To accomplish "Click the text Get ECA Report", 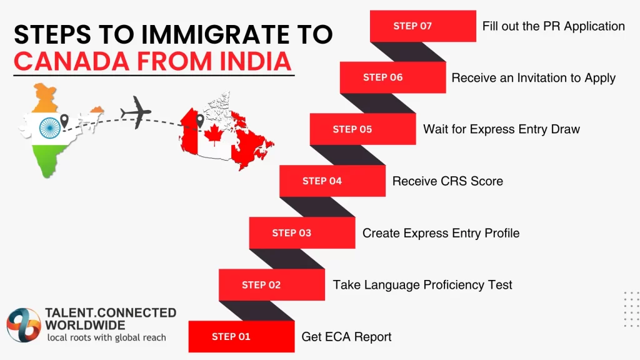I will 346,337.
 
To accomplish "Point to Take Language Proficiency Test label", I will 422,285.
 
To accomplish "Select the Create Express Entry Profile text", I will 441,233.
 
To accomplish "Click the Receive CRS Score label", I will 447,181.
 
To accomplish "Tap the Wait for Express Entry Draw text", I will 501,129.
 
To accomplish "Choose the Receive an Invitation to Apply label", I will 533,78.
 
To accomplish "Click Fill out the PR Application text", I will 553,26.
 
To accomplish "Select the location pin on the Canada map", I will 200,120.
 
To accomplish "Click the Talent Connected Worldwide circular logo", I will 24,324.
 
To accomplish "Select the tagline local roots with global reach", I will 107,337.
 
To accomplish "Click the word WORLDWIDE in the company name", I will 85,325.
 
